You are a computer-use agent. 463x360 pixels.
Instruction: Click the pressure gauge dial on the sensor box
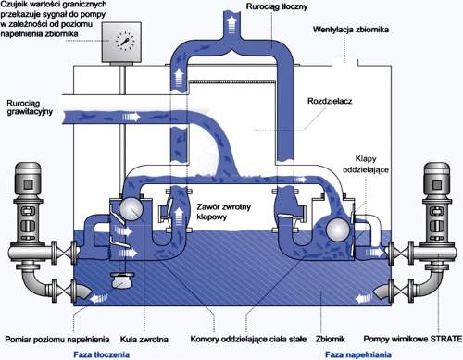coord(125,41)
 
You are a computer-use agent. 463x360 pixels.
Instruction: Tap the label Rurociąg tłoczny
coord(277,6)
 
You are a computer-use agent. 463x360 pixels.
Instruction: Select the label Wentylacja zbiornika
coord(351,30)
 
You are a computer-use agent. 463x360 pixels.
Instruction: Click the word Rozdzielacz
coord(330,101)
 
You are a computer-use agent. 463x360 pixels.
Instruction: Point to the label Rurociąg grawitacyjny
coord(30,107)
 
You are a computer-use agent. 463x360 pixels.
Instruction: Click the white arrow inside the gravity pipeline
coord(131,117)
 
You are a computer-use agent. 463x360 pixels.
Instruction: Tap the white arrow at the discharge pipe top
coord(231,25)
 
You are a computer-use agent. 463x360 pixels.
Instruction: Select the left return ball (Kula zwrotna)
coord(131,209)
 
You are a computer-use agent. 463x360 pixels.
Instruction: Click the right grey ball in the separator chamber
coord(338,230)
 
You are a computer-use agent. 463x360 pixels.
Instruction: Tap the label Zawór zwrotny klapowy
coord(223,212)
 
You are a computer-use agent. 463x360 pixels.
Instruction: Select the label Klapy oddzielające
coord(366,165)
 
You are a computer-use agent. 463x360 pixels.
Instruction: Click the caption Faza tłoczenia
coord(101,354)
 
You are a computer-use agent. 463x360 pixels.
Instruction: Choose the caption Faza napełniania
coord(358,354)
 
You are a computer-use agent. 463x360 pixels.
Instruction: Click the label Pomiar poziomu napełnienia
coord(57,340)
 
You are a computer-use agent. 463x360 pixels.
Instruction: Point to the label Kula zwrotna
coord(144,340)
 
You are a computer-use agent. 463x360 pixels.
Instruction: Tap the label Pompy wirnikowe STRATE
coord(413,339)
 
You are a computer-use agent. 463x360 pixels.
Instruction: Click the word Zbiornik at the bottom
coord(330,339)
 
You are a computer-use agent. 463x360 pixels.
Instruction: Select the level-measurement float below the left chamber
coord(122,280)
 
